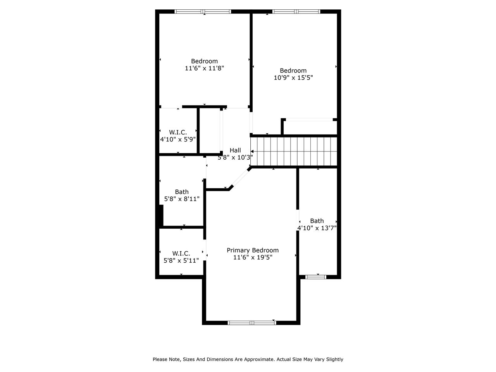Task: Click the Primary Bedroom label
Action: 253,250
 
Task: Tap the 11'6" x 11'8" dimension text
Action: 204,68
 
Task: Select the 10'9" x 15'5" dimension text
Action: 293,77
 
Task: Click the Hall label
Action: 235,150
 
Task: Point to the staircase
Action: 294,151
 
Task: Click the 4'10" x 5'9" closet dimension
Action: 178,139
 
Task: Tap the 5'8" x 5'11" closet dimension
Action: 181,260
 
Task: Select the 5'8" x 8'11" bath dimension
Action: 182,199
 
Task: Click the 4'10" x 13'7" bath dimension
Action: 317,228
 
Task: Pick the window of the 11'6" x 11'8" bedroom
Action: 203,12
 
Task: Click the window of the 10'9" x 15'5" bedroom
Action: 296,12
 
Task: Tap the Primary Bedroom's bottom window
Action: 252,322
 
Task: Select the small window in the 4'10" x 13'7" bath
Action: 316,277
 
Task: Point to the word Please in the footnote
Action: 160,359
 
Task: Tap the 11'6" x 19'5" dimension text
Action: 253,257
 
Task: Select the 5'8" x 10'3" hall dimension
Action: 235,157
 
